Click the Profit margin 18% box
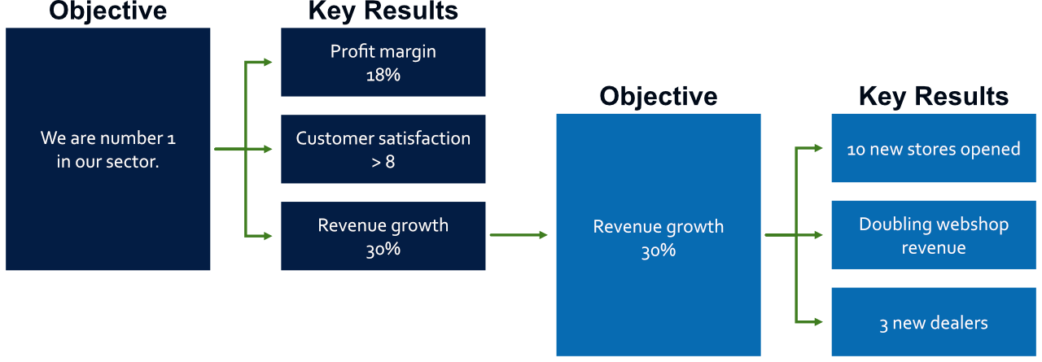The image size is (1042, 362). tap(383, 63)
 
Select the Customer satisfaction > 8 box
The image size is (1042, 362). tap(383, 149)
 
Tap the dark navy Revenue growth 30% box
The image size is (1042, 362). tap(383, 236)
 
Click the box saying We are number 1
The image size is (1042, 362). tap(108, 149)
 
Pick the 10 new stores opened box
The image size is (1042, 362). tap(934, 148)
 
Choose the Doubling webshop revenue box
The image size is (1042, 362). tap(934, 235)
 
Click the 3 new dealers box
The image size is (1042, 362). tap(934, 322)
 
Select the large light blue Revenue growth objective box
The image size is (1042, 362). tap(659, 235)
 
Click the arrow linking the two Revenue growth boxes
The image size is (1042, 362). tap(519, 235)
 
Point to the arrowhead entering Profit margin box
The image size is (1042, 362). tap(268, 62)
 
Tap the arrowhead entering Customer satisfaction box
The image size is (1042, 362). tap(268, 149)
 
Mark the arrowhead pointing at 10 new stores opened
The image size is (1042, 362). tap(819, 148)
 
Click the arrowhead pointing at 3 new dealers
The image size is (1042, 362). tap(819, 321)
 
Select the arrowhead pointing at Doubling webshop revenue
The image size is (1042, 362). tap(819, 235)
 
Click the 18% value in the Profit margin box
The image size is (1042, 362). tap(383, 76)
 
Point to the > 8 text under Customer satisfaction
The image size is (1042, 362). tap(383, 162)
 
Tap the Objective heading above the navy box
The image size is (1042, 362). tap(108, 11)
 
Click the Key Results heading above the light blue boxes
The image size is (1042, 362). tap(934, 97)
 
